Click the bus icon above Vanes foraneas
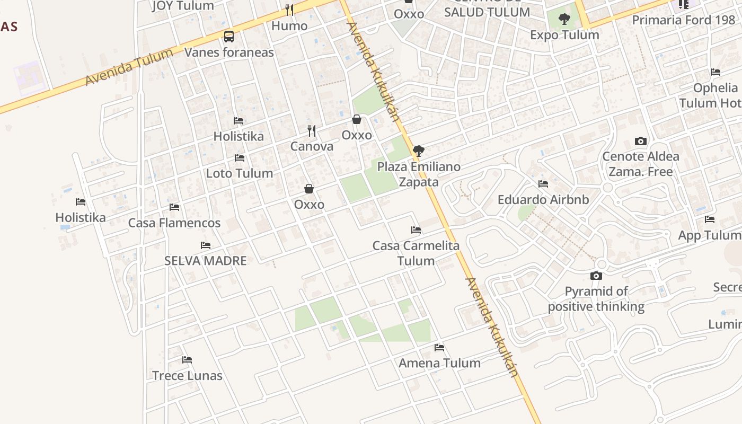tap(229, 37)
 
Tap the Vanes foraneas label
tap(229, 52)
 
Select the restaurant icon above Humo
tap(289, 10)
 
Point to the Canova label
tap(312, 146)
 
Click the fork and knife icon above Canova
tap(312, 130)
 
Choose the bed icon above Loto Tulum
tap(240, 158)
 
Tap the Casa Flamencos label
tap(174, 223)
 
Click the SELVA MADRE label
tap(206, 261)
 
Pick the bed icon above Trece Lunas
tap(187, 360)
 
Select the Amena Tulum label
tap(439, 363)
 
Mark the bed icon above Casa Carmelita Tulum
tap(416, 230)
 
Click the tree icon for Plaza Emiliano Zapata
tap(419, 151)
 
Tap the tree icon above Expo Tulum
tap(564, 20)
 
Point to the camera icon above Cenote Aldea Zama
tap(641, 142)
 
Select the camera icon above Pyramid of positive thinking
tap(596, 276)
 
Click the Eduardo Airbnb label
tap(543, 200)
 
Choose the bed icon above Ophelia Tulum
tap(715, 72)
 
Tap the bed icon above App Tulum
tap(710, 219)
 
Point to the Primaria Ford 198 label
tap(684, 20)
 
